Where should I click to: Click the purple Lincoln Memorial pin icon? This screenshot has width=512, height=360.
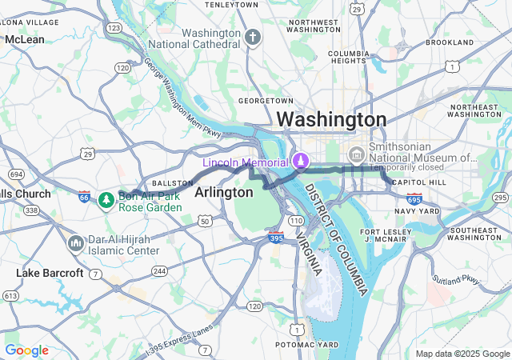301,161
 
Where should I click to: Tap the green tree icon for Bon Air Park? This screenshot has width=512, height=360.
106,199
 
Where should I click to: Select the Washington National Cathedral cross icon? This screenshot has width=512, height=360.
253,38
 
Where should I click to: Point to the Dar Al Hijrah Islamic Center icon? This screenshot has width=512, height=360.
76,242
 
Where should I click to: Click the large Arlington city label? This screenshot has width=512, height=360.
223,193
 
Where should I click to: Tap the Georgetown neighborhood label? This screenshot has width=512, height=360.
266,101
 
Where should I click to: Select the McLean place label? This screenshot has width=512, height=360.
25,39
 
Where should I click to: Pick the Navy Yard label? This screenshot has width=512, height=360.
418,211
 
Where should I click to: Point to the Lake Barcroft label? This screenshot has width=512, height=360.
50,274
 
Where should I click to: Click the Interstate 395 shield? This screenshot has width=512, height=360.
275,238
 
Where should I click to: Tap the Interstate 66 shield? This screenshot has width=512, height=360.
85,197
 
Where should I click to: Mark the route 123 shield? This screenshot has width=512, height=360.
114,28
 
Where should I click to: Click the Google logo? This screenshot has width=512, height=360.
26,350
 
